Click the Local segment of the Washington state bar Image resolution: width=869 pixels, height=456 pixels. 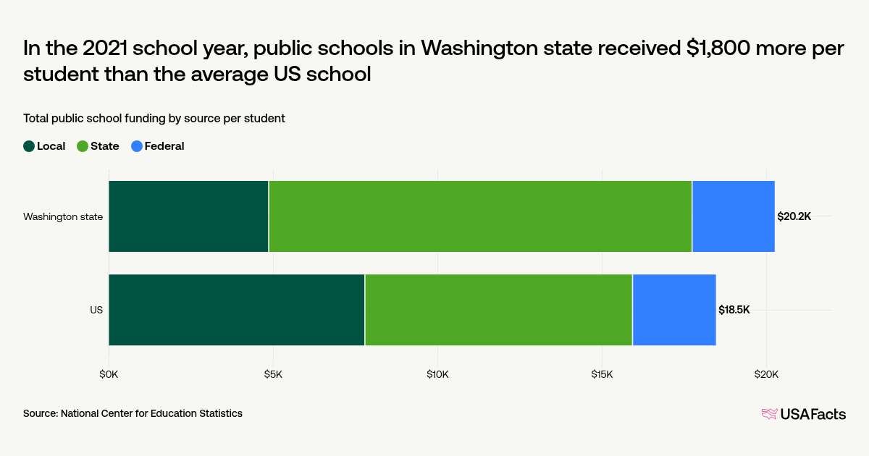(x=188, y=216)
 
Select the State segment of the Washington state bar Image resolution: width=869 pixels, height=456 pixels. (x=480, y=216)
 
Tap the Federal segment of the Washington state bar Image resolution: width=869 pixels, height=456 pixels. (x=733, y=216)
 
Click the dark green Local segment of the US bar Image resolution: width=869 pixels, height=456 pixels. (x=236, y=310)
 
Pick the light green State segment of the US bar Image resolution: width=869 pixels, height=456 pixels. (x=498, y=310)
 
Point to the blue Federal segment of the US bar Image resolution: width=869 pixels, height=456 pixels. (x=674, y=310)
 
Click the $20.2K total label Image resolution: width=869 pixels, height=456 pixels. (x=794, y=216)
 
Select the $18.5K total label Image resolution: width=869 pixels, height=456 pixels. (x=734, y=310)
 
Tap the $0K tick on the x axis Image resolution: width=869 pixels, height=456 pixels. (x=109, y=374)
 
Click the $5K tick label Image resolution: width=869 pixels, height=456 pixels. (x=273, y=374)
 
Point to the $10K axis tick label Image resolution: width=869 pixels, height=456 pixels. (x=437, y=374)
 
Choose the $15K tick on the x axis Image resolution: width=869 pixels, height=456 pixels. (x=602, y=374)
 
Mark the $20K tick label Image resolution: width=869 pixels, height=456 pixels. (x=766, y=374)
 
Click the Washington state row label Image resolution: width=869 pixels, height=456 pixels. (x=63, y=216)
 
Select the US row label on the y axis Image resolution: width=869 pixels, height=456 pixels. (x=96, y=310)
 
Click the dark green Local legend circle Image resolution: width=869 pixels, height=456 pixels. (x=29, y=146)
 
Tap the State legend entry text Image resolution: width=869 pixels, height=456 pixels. (x=104, y=146)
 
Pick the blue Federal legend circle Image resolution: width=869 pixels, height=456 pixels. (x=136, y=146)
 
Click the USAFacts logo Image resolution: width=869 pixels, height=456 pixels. (x=803, y=414)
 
